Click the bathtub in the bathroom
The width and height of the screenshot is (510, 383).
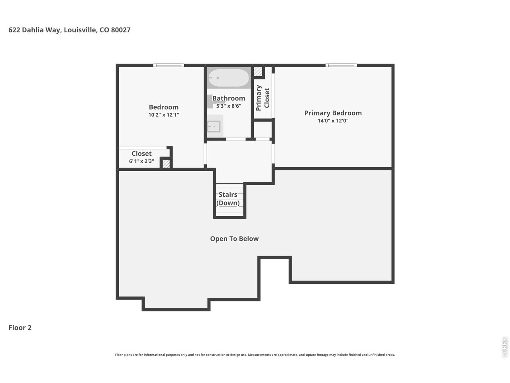(228, 78)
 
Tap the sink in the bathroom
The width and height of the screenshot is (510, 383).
(214, 126)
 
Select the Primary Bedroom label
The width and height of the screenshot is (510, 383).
(333, 113)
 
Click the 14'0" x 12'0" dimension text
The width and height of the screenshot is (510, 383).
(333, 121)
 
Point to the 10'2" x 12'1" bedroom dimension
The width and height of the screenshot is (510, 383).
(164, 115)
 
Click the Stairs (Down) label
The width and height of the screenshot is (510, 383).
(228, 199)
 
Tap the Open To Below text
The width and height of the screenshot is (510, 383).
(234, 239)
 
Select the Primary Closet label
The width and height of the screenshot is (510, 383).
(263, 98)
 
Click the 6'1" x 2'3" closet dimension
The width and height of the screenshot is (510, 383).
(141, 161)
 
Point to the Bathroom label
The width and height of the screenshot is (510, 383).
(229, 98)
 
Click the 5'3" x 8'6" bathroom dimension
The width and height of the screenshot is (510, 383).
(229, 106)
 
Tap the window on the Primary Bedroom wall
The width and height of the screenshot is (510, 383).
(341, 65)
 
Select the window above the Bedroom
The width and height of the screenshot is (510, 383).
(169, 65)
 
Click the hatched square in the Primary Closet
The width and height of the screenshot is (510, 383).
(258, 72)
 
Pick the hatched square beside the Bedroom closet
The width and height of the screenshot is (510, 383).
(166, 164)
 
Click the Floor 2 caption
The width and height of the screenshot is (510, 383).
(20, 328)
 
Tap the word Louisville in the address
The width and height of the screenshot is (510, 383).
(80, 30)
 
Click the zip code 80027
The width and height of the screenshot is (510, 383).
(121, 30)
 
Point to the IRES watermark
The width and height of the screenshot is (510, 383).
(504, 347)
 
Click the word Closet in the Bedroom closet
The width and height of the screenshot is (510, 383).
(141, 154)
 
